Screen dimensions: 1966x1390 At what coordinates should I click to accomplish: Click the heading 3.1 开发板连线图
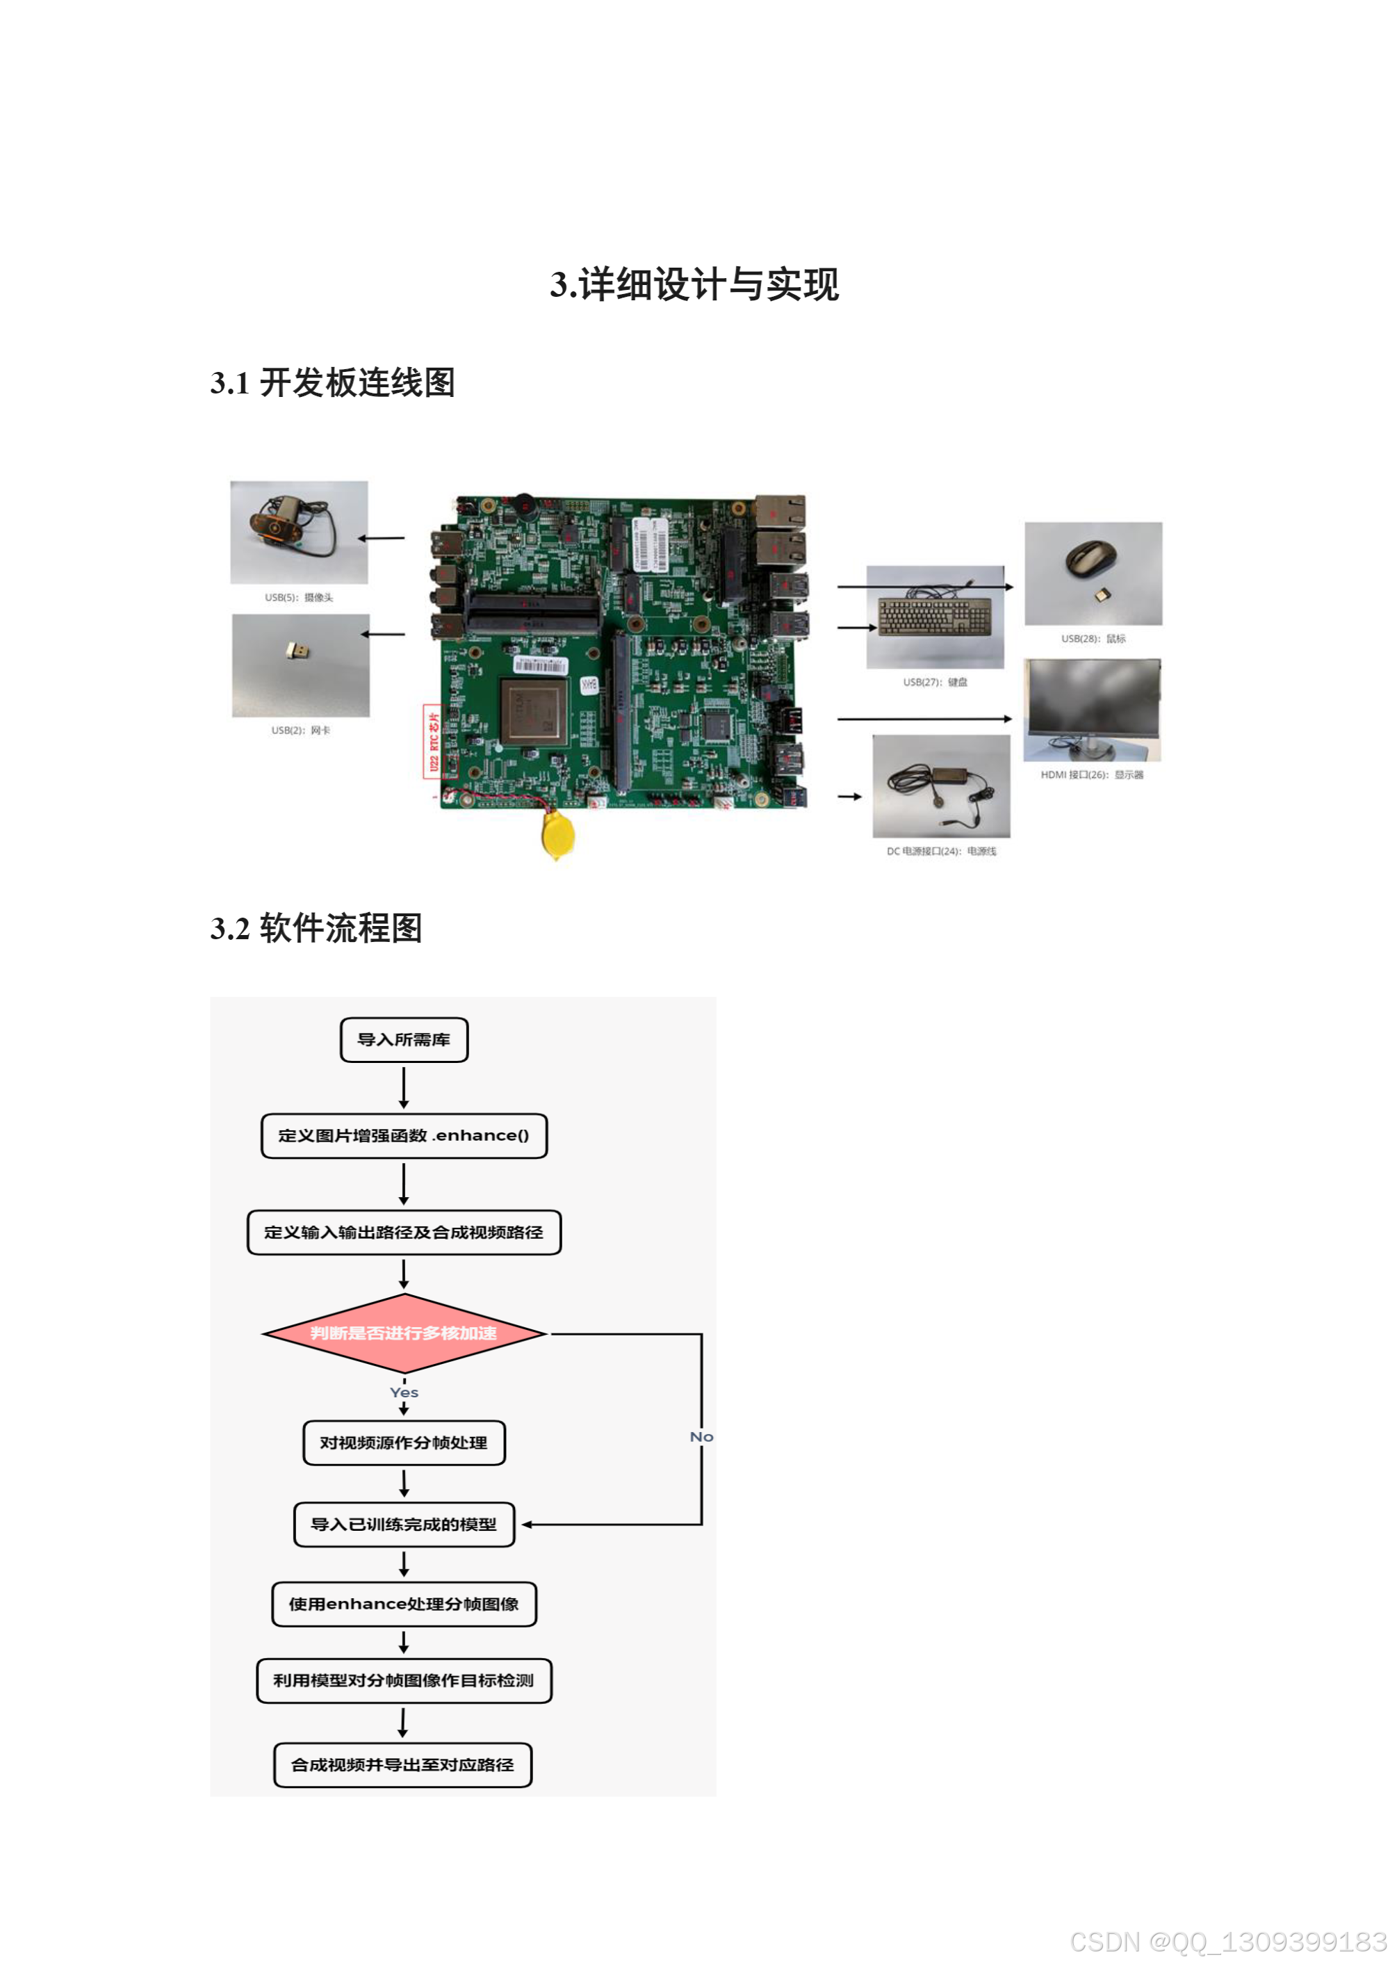pyautogui.click(x=332, y=383)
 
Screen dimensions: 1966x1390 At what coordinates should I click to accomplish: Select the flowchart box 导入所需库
pyautogui.click(x=404, y=1039)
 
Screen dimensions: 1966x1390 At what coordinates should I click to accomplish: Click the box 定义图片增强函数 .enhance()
pyautogui.click(x=404, y=1135)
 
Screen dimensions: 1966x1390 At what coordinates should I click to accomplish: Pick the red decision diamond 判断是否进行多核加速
pyautogui.click(x=404, y=1333)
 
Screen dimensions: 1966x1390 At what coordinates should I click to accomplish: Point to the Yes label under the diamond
pyautogui.click(x=404, y=1392)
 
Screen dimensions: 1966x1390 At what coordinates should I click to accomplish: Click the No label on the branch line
pyautogui.click(x=701, y=1437)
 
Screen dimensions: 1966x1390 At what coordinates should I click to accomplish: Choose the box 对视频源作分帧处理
pyautogui.click(x=404, y=1443)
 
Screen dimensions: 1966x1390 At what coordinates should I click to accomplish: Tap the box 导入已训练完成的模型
pyautogui.click(x=404, y=1524)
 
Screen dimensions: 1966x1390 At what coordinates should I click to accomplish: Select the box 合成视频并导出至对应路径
pyautogui.click(x=403, y=1765)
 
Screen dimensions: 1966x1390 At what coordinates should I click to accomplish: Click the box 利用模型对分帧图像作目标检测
pyautogui.click(x=404, y=1680)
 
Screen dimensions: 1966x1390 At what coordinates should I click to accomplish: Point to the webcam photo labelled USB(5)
pyautogui.click(x=299, y=532)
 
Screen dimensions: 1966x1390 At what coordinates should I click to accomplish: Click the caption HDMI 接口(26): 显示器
pyautogui.click(x=1091, y=775)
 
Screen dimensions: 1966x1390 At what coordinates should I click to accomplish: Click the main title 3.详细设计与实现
pyautogui.click(x=694, y=284)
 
